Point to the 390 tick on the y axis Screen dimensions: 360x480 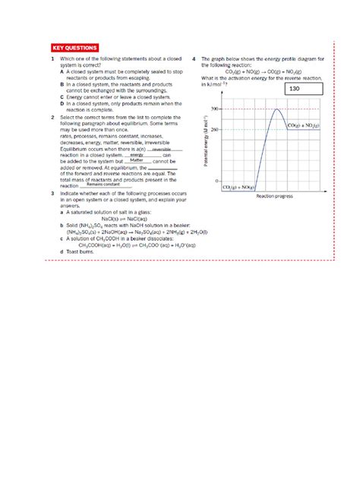pyautogui.click(x=214, y=109)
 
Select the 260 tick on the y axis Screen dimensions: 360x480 pyautogui.click(x=214, y=129)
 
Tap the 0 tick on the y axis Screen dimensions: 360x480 pyautogui.click(x=217, y=182)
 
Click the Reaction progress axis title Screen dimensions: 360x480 pyautogui.click(x=275, y=196)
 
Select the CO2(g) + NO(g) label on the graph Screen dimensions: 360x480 pyautogui.click(x=238, y=186)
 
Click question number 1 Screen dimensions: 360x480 pyautogui.click(x=52, y=59)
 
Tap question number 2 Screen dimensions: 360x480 pyautogui.click(x=52, y=118)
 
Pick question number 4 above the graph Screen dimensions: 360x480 pyautogui.click(x=194, y=59)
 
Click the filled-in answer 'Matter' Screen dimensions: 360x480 pyautogui.click(x=137, y=160)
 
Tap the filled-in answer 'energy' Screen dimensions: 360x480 pyautogui.click(x=137, y=155)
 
